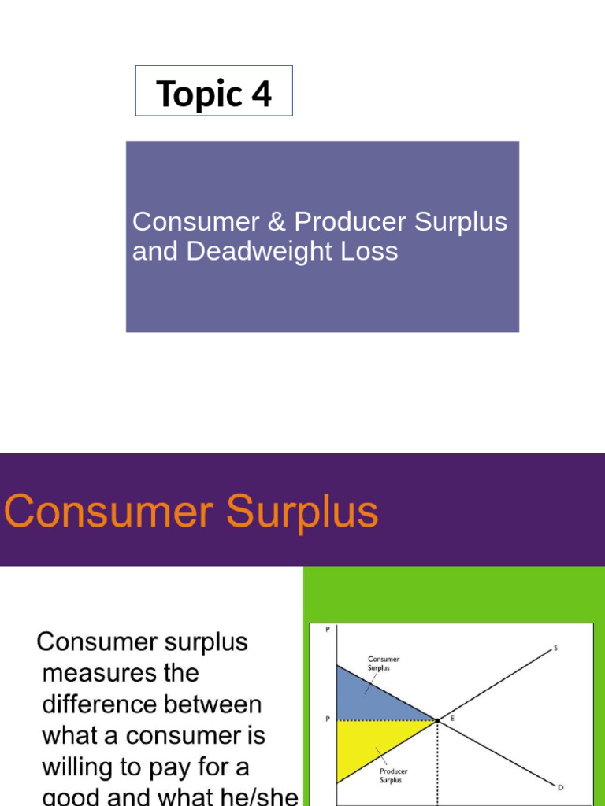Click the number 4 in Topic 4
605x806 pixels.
[262, 94]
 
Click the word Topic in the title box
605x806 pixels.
[199, 94]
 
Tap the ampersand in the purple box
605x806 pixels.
[275, 222]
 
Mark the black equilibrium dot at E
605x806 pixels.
[436, 719]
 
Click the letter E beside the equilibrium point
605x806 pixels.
[452, 717]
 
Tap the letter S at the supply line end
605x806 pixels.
[555, 648]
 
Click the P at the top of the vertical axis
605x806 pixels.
[327, 629]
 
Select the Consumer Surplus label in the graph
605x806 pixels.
[384, 664]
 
